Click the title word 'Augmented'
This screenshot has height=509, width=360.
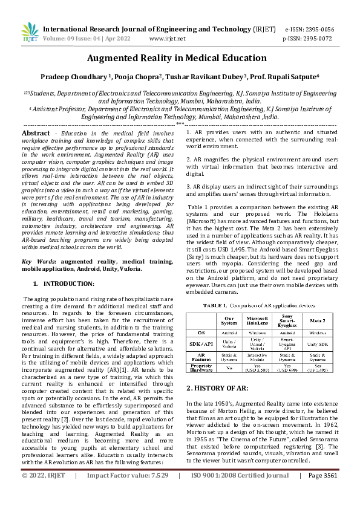tap(116, 59)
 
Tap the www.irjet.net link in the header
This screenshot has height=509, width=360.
tap(167, 38)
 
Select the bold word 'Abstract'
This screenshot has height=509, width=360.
tap(36, 132)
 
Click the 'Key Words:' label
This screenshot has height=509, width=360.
tap(38, 261)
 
